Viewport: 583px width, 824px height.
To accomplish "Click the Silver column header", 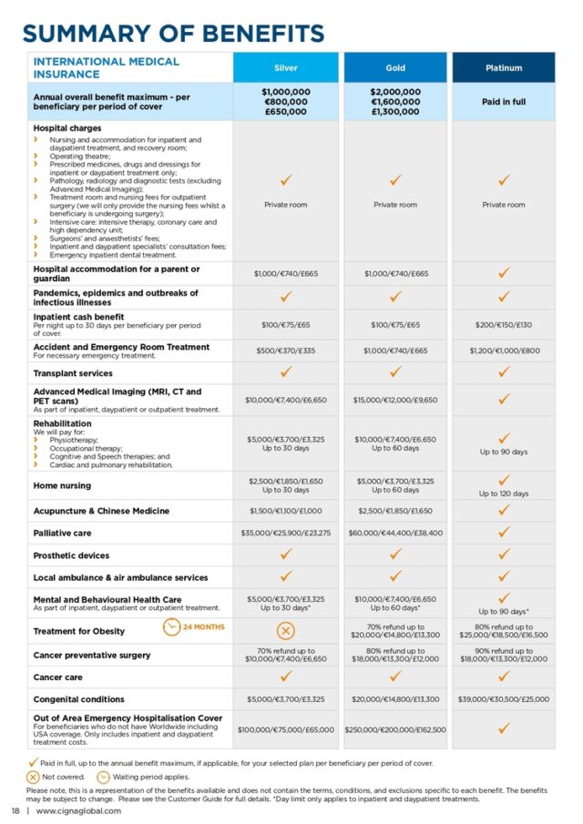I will coord(286,67).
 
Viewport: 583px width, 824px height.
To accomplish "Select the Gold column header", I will coord(395,67).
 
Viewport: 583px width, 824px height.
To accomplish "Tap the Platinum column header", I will coord(504,67).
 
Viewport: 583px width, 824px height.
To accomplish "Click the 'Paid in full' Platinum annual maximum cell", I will coord(504,102).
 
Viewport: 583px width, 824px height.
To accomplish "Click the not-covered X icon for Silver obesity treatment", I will coord(286,630).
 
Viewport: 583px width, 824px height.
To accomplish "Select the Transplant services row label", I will coord(73,373).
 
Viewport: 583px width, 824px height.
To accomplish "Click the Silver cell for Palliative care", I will coord(286,533).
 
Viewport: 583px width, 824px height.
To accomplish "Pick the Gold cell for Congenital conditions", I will coord(395,699).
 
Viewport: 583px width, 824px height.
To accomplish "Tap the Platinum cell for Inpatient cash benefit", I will coord(504,324).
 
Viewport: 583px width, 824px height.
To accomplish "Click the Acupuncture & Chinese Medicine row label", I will coord(101,511).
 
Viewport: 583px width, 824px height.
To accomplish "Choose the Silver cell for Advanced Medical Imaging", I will coord(286,400).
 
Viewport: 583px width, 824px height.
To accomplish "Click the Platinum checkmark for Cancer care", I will coord(504,676).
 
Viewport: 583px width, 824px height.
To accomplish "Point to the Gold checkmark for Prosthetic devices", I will coord(395,554).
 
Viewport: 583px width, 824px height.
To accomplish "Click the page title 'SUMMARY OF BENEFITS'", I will coord(173,34).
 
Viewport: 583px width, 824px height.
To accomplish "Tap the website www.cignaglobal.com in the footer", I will coord(78,810).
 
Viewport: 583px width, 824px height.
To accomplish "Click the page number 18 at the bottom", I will coord(15,810).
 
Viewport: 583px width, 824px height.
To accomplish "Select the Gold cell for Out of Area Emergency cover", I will coord(395,729).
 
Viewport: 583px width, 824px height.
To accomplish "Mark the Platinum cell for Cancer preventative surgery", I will coord(504,655).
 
